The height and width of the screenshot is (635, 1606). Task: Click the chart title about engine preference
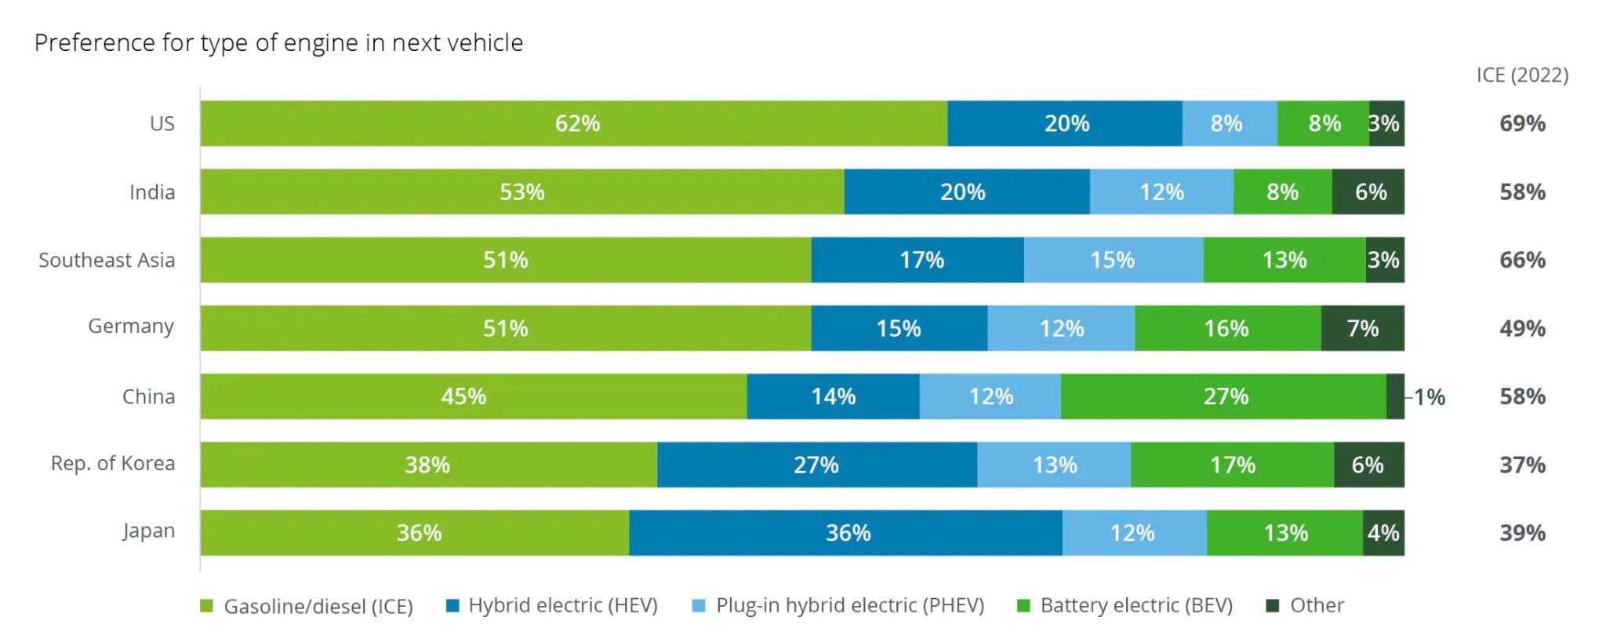278,42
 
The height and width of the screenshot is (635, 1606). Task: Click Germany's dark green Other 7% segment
1362,328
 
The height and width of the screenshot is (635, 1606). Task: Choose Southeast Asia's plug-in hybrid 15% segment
1113,260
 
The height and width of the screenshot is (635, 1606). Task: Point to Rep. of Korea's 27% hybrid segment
816,465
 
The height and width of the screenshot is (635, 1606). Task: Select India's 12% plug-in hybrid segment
1161,192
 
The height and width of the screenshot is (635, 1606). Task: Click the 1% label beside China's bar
1430,397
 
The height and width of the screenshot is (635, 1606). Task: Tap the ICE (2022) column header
1522,75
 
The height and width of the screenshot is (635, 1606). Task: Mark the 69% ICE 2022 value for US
1522,123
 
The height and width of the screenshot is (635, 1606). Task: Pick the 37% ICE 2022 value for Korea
1522,465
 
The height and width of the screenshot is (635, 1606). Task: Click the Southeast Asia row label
107,260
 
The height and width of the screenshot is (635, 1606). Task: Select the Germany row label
131,327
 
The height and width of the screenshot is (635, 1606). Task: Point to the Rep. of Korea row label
113,464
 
